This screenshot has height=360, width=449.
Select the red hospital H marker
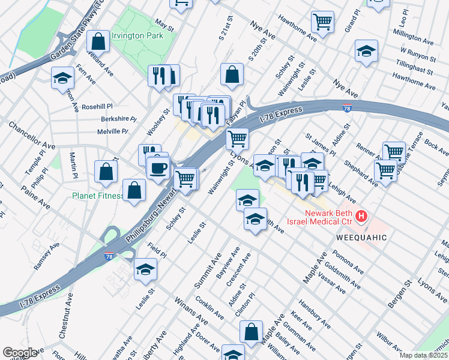[x=361, y=215]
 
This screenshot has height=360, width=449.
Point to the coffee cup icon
[x=158, y=168]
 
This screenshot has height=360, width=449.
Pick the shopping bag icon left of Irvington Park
[x=98, y=42]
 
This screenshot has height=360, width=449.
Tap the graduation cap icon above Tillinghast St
[x=366, y=52]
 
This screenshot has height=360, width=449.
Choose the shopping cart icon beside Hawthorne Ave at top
[x=323, y=22]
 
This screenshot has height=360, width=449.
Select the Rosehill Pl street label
[x=97, y=106]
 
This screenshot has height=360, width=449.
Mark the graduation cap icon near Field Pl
[x=145, y=271]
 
